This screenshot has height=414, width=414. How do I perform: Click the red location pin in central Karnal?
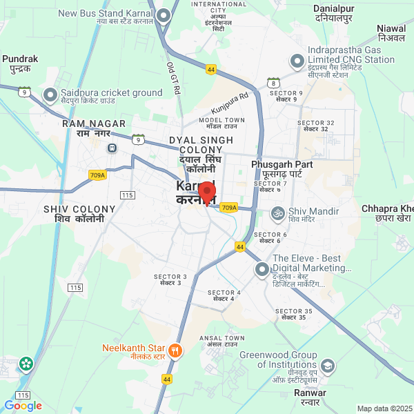pos(207,191)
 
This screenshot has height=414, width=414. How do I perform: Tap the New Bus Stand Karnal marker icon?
pos(164,15)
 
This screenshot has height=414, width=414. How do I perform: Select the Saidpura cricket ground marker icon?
pos(50,95)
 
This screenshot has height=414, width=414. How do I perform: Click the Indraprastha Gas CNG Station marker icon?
pos(297,61)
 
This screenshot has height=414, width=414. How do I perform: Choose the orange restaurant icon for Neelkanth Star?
pos(175,351)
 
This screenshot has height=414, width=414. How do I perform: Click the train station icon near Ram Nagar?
pos(111,148)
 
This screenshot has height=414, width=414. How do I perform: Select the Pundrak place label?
pos(20,63)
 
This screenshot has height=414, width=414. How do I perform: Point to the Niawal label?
pos(391,32)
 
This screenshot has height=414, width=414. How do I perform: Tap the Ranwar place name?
pos(310,397)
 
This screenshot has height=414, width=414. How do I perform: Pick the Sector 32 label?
pos(316,126)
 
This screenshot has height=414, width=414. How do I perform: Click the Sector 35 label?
pos(294,314)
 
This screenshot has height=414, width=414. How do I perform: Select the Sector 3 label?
pos(170,279)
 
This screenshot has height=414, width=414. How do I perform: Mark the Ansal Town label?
pos(221,341)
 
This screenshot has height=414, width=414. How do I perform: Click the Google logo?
pos(23,406)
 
